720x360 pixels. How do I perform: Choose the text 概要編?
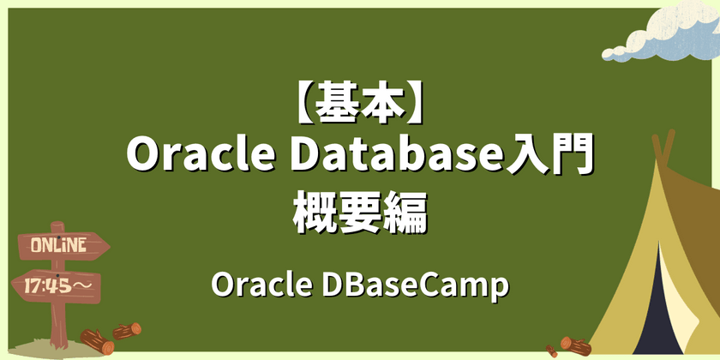[x=360, y=211]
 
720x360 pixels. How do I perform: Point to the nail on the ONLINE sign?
[x=58, y=231]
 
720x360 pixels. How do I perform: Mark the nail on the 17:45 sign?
[x=58, y=271]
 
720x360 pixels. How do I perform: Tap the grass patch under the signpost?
[x=39, y=348]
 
